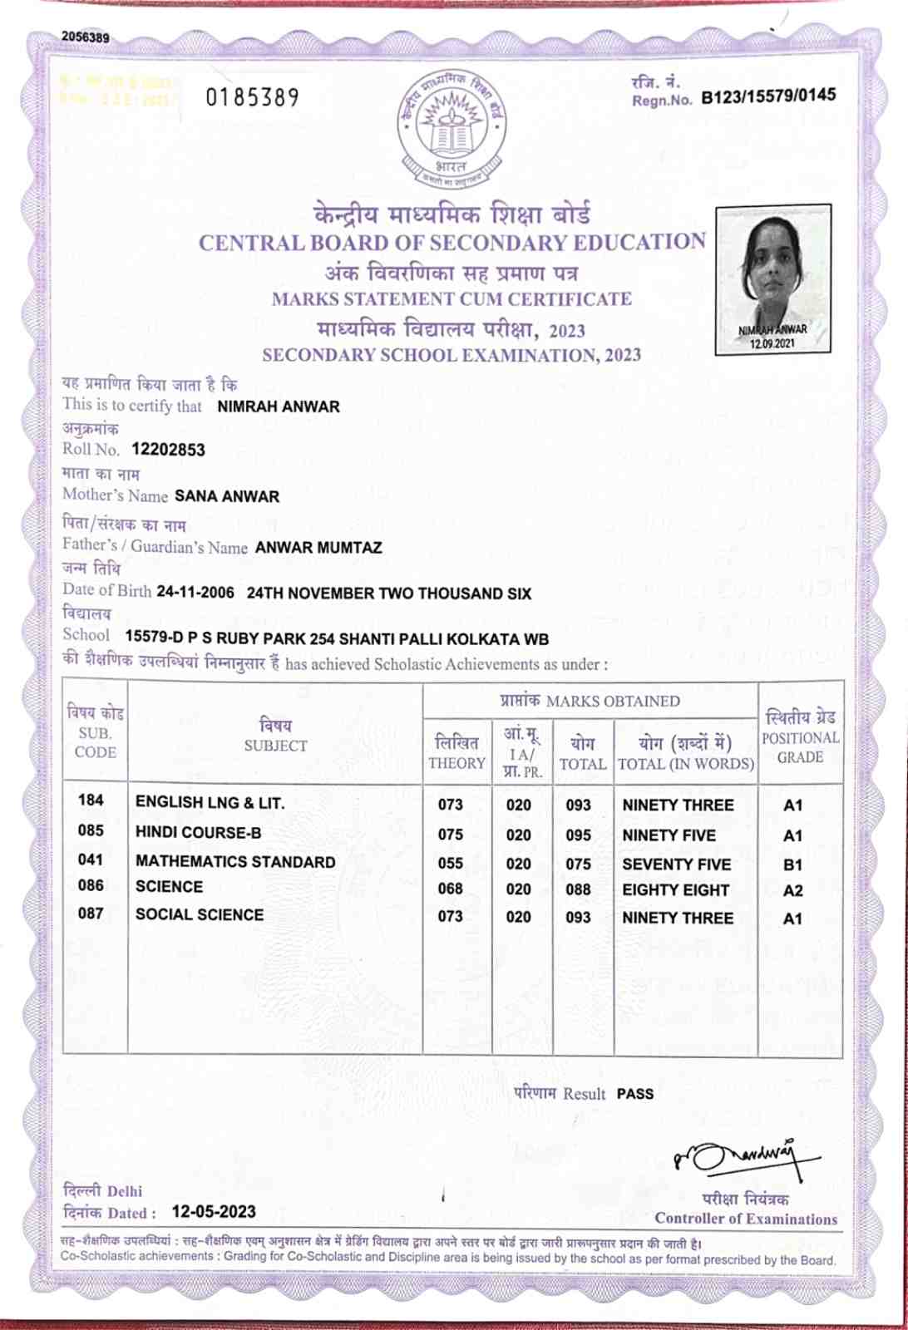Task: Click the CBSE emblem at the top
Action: [452, 127]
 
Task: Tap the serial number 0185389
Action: [252, 98]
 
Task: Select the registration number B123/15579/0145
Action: [768, 96]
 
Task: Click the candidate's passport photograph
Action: [772, 278]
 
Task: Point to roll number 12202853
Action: [168, 450]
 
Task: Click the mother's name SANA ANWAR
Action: [227, 496]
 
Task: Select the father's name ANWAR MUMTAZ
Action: [318, 548]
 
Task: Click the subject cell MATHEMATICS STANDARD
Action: [235, 862]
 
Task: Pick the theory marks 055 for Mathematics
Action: [451, 864]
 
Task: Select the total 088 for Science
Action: [578, 889]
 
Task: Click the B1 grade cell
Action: [792, 865]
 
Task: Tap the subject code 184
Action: [91, 800]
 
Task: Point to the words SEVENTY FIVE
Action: [676, 864]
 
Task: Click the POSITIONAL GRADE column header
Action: [800, 737]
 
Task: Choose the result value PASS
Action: [635, 1094]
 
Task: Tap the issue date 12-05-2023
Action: [214, 1212]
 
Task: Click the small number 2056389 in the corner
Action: [85, 37]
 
